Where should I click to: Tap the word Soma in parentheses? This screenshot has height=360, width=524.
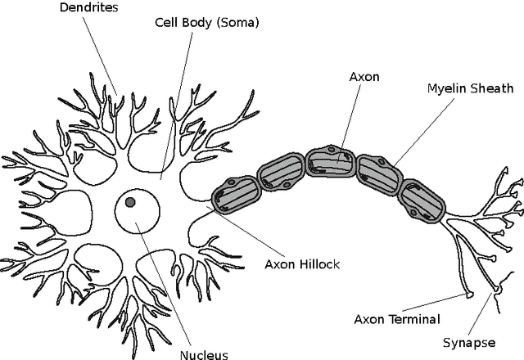236,23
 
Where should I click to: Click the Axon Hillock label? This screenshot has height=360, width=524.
302,264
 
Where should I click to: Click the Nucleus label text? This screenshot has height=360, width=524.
203,354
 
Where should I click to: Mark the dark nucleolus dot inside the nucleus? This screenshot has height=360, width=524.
130,202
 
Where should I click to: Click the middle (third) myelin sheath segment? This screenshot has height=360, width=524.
330,161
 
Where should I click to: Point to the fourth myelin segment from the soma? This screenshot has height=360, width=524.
377,172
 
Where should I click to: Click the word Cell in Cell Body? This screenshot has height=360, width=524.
167,23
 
